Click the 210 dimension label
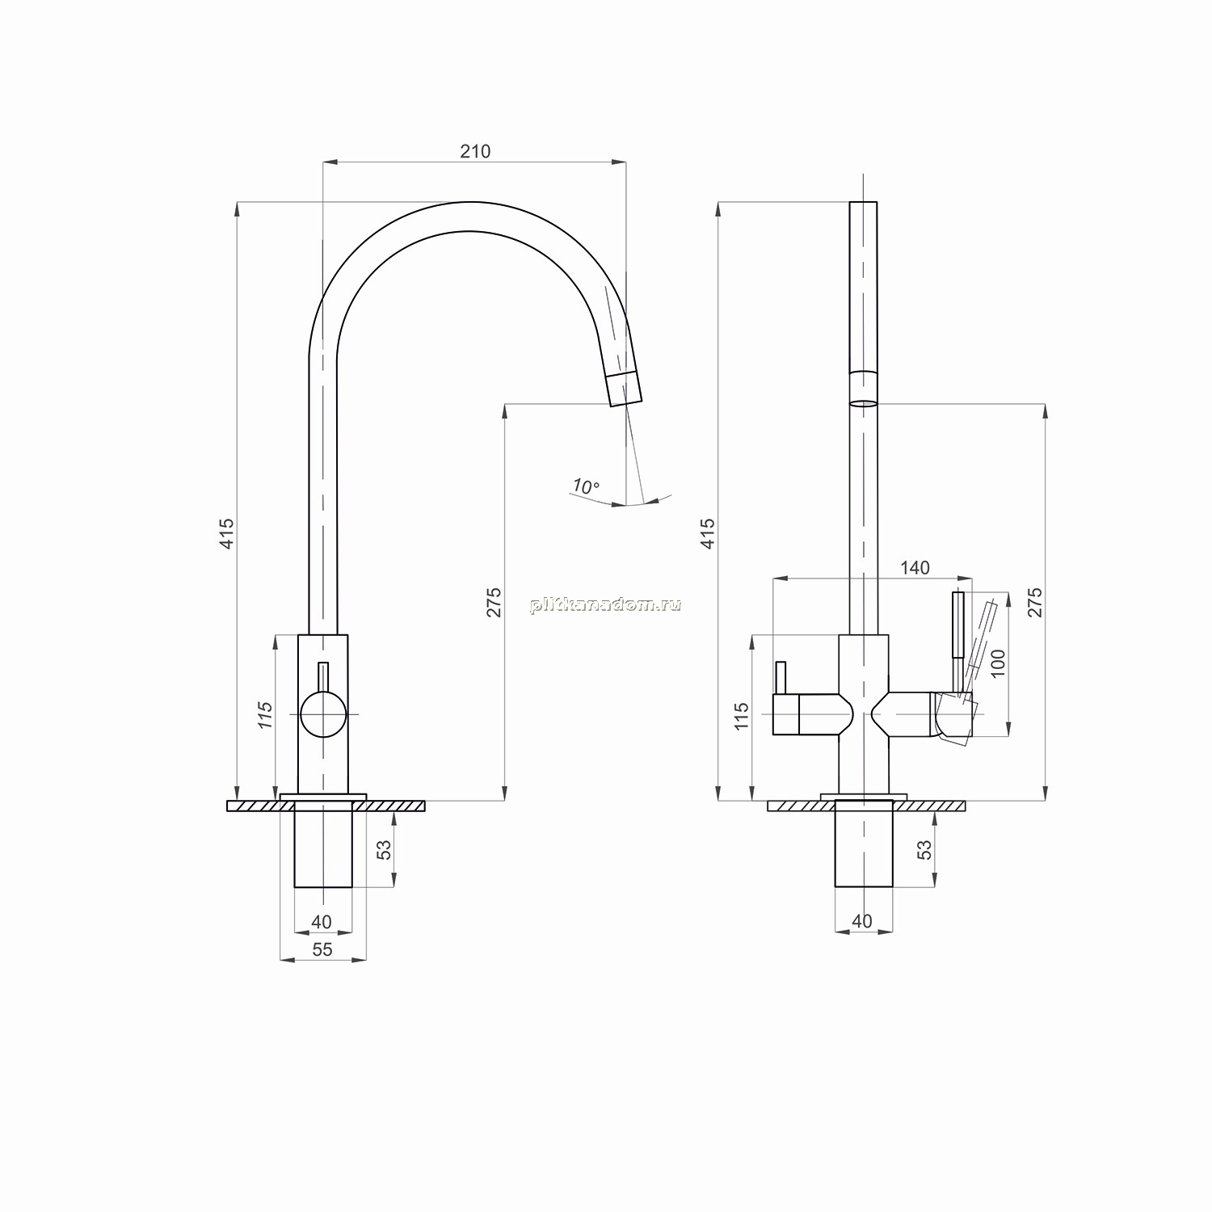(475, 151)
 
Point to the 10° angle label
(586, 486)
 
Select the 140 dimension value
(915, 568)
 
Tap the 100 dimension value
(998, 663)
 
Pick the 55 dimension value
(322, 949)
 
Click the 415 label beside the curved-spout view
(227, 534)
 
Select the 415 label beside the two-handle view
(708, 534)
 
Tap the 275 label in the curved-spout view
(494, 603)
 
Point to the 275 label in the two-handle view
(1036, 603)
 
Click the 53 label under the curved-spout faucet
(385, 849)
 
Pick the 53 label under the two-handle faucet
(924, 849)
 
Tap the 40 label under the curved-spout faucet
(322, 922)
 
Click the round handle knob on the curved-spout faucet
(323, 715)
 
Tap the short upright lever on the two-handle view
(781, 678)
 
